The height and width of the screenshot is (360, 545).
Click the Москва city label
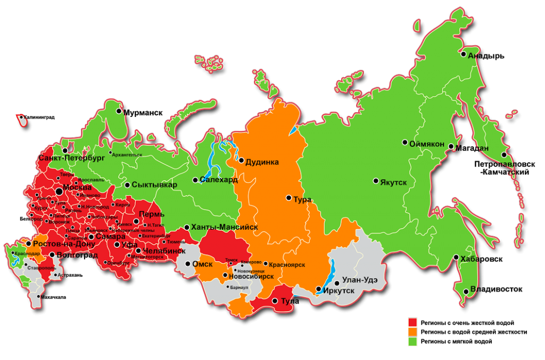[77, 188]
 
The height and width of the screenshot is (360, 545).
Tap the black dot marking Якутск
[376, 181]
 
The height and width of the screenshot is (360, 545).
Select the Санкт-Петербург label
[71, 158]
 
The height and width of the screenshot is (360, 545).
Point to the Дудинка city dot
[241, 160]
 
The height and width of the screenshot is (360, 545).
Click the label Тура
[302, 200]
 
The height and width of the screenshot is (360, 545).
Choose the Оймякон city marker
[405, 143]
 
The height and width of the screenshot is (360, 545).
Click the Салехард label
[219, 180]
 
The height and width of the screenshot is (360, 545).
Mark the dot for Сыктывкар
[127, 185]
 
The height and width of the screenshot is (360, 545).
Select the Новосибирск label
[251, 277]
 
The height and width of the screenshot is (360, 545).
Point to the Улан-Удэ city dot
[336, 283]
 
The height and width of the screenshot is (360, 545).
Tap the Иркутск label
[339, 291]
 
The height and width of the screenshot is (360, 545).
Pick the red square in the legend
[412, 322]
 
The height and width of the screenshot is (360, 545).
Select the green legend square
[412, 341]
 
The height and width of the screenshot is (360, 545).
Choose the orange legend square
[412, 332]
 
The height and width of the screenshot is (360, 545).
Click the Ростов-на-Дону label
[64, 244]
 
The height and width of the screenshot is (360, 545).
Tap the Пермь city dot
[136, 221]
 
